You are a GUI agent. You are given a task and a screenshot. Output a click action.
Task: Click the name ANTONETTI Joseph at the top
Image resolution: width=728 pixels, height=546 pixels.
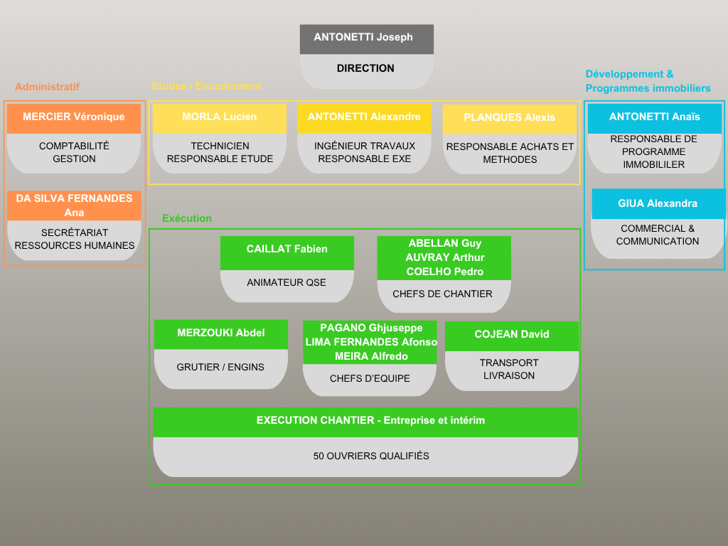363,37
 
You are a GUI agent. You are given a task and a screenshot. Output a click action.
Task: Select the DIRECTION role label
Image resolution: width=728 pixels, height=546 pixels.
365,68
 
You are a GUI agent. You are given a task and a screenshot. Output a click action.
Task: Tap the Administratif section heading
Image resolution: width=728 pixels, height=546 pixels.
47,87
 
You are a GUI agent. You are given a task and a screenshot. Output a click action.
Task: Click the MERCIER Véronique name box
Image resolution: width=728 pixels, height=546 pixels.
74,117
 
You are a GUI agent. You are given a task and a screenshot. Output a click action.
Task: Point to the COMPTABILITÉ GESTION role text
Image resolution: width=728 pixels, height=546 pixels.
74,152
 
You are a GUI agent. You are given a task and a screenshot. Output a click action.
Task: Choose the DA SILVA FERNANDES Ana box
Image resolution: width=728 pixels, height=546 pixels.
74,205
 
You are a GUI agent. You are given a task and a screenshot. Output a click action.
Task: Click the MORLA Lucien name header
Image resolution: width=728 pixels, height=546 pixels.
220,117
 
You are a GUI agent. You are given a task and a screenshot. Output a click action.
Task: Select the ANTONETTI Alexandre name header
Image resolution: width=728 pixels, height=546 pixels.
364,117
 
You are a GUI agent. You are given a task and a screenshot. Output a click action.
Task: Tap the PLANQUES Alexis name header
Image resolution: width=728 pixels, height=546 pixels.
510,118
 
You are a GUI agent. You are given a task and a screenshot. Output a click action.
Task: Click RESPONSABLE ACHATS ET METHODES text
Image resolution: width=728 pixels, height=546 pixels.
510,153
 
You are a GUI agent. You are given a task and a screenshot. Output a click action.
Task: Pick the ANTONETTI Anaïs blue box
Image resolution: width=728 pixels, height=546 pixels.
655,117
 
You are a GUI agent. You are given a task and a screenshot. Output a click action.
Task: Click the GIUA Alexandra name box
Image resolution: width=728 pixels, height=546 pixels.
658,203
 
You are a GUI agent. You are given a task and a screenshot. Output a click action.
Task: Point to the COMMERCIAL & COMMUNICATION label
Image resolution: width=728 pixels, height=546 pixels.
658,235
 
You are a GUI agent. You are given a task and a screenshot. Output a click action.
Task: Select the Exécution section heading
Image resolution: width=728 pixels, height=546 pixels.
187,218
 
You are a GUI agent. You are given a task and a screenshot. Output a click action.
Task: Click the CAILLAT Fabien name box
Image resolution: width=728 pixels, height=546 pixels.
287,250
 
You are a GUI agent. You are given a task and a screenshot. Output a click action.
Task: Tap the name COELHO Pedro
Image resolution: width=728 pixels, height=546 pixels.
445,272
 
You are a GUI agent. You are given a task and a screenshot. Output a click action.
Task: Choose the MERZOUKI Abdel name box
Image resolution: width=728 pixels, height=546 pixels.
221,333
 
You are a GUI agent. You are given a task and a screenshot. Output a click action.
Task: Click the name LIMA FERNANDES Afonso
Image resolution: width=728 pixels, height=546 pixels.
371,342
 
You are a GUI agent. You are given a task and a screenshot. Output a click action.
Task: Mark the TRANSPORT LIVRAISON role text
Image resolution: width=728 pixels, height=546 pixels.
509,369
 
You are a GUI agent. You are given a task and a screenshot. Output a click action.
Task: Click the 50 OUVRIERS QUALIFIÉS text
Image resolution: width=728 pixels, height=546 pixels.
371,456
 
